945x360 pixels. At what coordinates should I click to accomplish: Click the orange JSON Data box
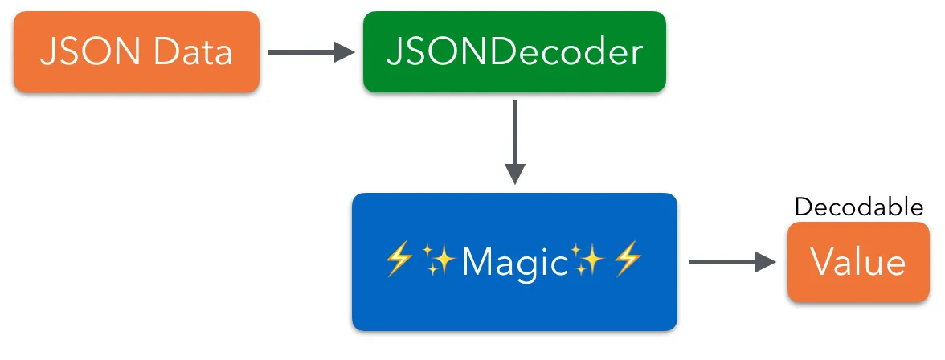click(136, 52)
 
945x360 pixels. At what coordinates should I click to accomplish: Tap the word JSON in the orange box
click(81, 53)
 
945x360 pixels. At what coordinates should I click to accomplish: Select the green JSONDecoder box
click(514, 52)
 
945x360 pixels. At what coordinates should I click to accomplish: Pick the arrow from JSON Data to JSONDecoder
click(310, 53)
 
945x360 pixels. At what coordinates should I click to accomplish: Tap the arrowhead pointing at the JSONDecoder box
click(345, 53)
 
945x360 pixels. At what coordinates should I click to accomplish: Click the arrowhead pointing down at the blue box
click(514, 174)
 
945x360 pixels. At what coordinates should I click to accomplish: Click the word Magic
click(515, 262)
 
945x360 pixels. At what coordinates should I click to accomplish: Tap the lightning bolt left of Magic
click(399, 262)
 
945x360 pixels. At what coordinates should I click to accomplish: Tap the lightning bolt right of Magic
click(628, 262)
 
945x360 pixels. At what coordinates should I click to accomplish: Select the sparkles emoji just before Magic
click(440, 262)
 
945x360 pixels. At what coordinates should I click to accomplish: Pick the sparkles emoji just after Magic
click(588, 262)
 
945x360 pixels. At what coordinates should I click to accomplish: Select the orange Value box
click(858, 262)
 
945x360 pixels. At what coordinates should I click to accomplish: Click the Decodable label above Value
click(858, 207)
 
